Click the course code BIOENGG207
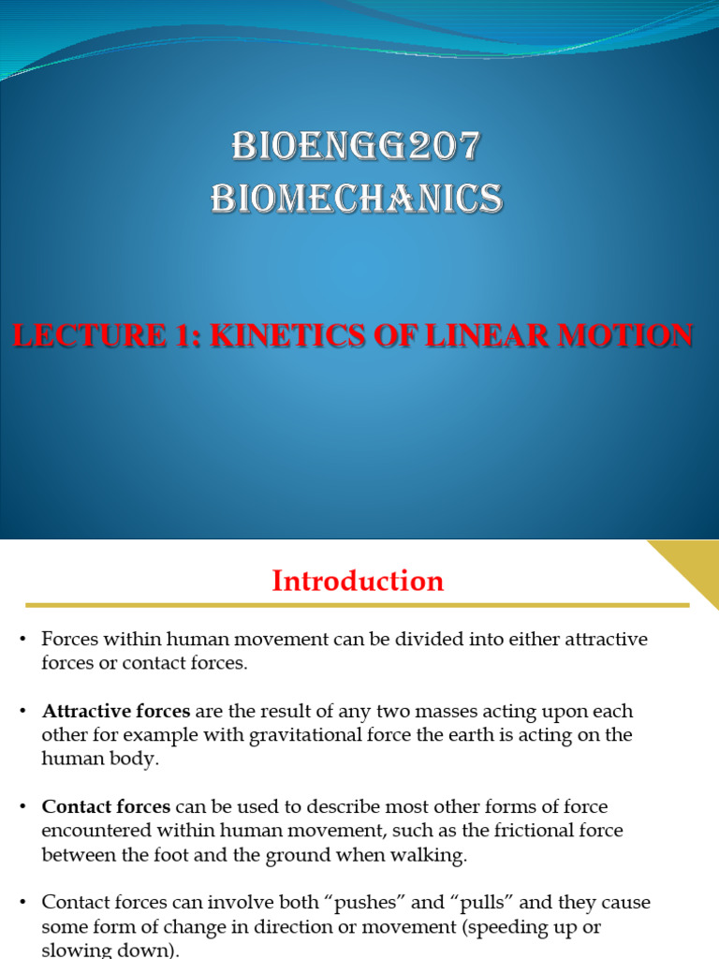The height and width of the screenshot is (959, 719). [x=356, y=146]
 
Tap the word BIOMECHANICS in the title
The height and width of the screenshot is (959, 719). [x=356, y=199]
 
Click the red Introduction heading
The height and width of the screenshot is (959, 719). [x=358, y=582]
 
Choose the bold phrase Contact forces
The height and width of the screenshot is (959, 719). [x=106, y=806]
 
